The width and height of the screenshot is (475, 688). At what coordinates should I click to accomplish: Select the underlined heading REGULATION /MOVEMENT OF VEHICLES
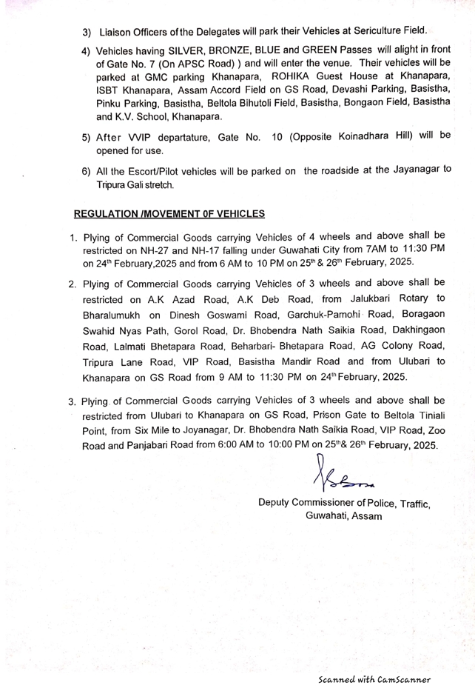click(169, 214)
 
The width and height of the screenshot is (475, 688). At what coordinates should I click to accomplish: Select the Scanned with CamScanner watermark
click(374, 678)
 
